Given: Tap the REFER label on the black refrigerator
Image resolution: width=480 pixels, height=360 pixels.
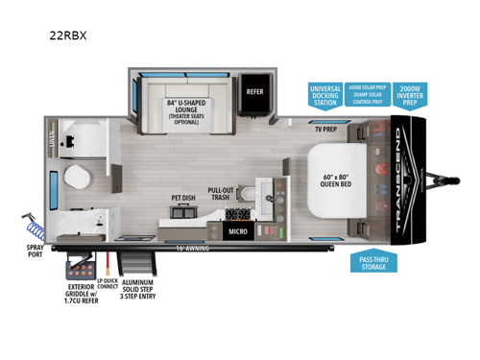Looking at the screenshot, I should pyautogui.click(x=254, y=92).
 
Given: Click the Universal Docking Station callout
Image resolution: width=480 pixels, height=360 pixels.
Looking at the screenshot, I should pyautogui.click(x=324, y=96).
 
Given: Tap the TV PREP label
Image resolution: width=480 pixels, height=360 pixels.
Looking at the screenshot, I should pyautogui.click(x=326, y=128).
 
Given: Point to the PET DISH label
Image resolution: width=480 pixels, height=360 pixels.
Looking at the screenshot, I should pyautogui.click(x=184, y=200).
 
